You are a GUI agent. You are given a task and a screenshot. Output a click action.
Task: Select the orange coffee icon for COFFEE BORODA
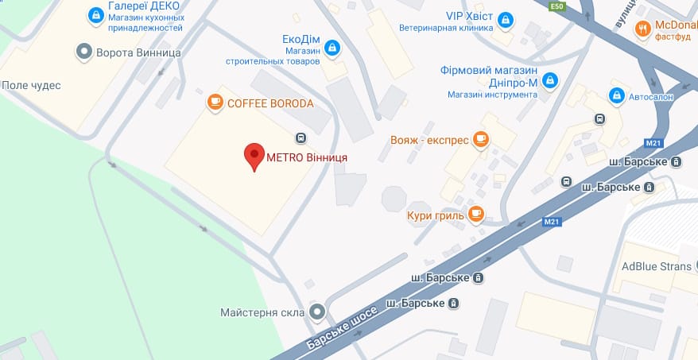coord(214,103)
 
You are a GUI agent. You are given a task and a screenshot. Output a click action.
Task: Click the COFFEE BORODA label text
coord(270,103)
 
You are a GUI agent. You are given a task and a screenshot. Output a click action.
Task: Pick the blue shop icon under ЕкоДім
coord(333,49)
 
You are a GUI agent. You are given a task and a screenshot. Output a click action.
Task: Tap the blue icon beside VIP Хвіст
coord(505,18)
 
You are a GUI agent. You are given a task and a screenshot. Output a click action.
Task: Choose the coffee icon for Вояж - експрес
coord(479,140)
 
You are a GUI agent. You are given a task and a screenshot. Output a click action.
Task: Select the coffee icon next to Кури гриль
coord(475,213)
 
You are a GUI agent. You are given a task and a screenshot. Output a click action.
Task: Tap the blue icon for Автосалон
coord(615,95)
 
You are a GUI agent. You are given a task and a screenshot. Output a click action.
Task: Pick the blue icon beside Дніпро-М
coord(549,79)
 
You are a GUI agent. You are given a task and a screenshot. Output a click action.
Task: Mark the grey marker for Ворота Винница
coord(83,52)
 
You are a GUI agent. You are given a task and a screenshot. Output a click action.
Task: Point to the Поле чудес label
coord(31,85)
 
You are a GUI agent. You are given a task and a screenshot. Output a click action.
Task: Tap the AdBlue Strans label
coord(657,266)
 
